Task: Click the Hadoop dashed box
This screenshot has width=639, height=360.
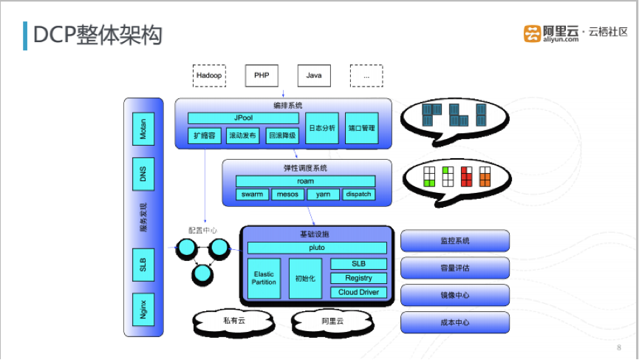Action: tap(209, 75)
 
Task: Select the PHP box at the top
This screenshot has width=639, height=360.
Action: tap(262, 75)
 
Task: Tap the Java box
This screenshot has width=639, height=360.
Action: tap(314, 75)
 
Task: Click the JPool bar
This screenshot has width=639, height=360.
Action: tap(243, 118)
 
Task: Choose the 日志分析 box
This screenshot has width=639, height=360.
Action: tap(321, 128)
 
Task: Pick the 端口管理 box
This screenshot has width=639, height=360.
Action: tap(361, 128)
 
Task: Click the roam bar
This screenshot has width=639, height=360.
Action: tap(305, 181)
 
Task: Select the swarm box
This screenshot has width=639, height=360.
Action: tap(253, 194)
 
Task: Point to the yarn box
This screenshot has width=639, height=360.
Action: tap(323, 194)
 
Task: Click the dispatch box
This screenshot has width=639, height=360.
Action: tap(358, 194)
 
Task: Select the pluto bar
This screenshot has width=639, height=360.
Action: tap(317, 248)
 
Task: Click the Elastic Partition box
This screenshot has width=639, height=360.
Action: tap(264, 278)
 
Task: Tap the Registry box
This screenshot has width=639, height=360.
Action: tap(358, 278)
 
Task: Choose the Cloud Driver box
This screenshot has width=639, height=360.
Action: tap(358, 292)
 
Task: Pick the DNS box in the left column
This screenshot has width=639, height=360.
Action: tap(143, 175)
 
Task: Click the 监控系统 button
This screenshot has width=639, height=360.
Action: tap(455, 241)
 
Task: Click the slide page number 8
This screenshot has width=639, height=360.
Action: tap(618, 347)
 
